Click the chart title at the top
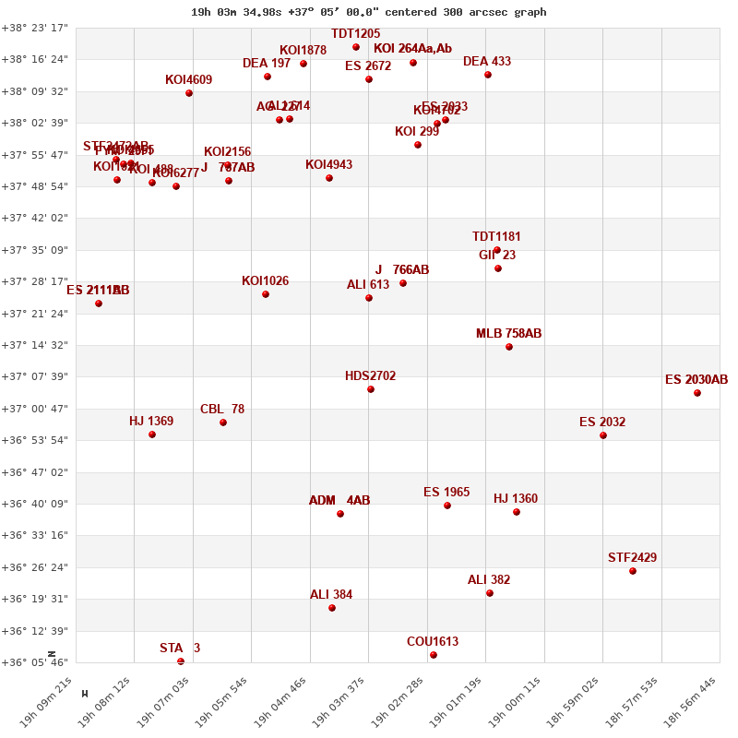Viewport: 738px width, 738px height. tap(368, 12)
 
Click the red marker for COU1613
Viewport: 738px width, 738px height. tap(434, 655)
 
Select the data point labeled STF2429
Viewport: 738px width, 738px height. tap(633, 571)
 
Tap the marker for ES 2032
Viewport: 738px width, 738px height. tap(603, 435)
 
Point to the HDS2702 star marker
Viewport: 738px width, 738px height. tap(371, 389)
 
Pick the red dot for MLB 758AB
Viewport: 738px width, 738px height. tap(509, 347)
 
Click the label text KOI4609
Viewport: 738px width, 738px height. tap(188, 80)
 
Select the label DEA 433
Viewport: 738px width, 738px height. tap(487, 62)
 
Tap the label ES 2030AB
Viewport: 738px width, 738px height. tap(696, 380)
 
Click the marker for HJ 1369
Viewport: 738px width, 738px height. tap(152, 434)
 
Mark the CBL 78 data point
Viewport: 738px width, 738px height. tap(223, 423)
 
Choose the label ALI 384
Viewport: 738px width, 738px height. tap(331, 595)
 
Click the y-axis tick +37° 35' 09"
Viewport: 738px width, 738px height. tap(35, 250)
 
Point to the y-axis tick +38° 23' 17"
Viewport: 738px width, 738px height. tap(35, 28)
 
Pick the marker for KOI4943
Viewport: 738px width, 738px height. tap(329, 178)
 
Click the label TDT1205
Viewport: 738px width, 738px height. tap(355, 34)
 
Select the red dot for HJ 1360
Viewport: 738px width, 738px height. tap(517, 512)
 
